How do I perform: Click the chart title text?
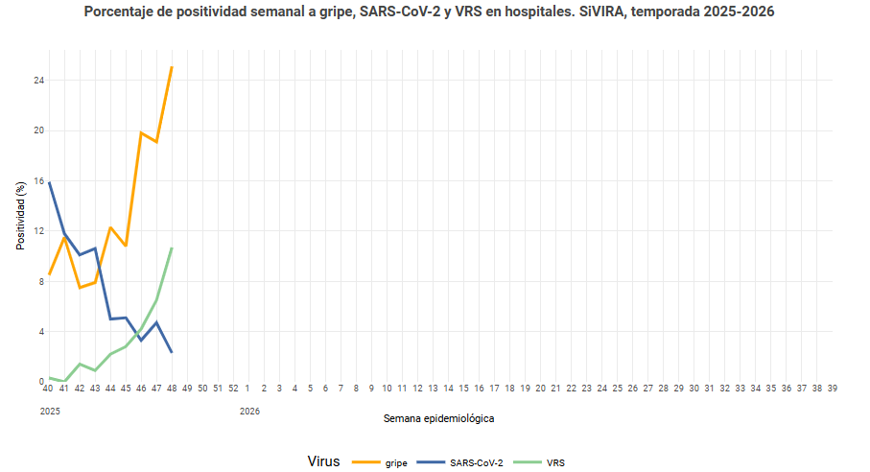click(x=429, y=12)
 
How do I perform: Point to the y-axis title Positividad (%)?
click(x=20, y=216)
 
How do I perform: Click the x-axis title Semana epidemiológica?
click(x=439, y=419)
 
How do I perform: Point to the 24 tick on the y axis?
click(x=38, y=81)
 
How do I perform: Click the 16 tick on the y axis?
click(x=38, y=181)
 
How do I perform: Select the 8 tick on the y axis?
click(x=40, y=281)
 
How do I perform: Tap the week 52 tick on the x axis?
click(x=233, y=389)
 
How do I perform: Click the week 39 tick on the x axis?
click(x=833, y=389)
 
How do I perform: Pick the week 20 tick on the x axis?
click(x=540, y=389)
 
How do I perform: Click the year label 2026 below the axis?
click(x=249, y=412)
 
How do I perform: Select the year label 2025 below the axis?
click(x=50, y=412)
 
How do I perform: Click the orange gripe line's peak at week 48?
click(x=172, y=67)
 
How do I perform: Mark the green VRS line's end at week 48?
click(x=172, y=248)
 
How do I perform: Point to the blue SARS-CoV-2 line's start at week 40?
click(x=49, y=182)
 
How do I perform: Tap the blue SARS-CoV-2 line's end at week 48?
click(x=172, y=352)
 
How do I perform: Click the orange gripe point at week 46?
click(x=141, y=132)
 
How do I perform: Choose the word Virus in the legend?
click(x=323, y=461)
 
